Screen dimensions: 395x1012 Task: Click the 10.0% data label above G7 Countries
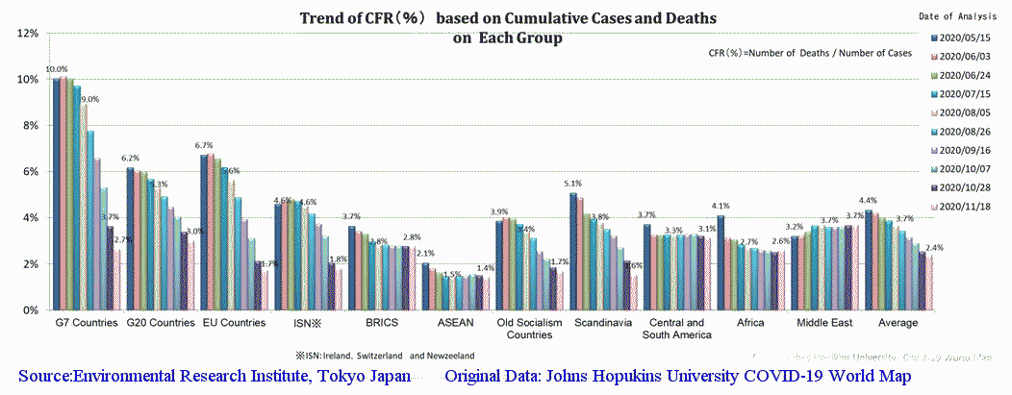pos(57,70)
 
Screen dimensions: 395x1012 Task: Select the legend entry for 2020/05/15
pos(970,37)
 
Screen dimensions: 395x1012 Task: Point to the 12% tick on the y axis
pos(28,33)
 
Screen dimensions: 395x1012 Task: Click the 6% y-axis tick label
pos(31,172)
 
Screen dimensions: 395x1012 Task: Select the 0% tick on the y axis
pos(31,310)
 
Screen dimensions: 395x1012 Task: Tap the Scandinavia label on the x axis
pos(602,324)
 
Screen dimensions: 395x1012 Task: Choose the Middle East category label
pos(823,324)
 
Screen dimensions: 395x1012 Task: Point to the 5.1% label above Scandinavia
pos(572,184)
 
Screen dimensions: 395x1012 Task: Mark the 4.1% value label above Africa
pos(720,206)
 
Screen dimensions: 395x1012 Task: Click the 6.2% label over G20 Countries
pos(130,159)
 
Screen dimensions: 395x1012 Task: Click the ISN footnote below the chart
pos(385,353)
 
